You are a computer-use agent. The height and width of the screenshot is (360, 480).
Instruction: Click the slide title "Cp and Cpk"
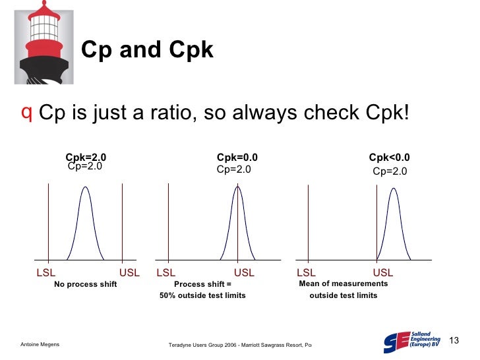coord(146,50)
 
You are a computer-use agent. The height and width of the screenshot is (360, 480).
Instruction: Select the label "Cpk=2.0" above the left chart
coord(86,157)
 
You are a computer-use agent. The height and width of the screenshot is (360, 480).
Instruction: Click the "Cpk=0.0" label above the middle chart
coord(237,157)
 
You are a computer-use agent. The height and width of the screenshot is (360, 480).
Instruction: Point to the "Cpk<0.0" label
coord(389,157)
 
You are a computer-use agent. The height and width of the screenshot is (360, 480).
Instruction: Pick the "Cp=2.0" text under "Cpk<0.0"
coord(390,171)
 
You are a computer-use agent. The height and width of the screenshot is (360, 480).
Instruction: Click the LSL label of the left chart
coord(45,272)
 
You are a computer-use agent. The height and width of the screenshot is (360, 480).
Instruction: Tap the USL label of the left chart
coord(129,272)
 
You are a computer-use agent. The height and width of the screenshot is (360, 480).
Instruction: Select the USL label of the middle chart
coord(244,272)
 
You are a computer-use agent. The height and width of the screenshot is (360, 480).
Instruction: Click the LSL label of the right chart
coord(306,272)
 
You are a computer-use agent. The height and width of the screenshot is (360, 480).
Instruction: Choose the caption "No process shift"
coord(86,284)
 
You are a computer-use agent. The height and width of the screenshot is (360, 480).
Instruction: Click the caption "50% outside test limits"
coord(202,295)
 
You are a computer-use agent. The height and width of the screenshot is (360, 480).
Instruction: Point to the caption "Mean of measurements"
coord(344,284)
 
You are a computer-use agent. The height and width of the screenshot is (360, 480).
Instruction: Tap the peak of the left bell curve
coord(85,187)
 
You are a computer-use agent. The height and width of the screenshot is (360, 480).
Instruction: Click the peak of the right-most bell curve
coord(394,189)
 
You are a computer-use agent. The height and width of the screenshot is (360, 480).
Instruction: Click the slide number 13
coord(453,340)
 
